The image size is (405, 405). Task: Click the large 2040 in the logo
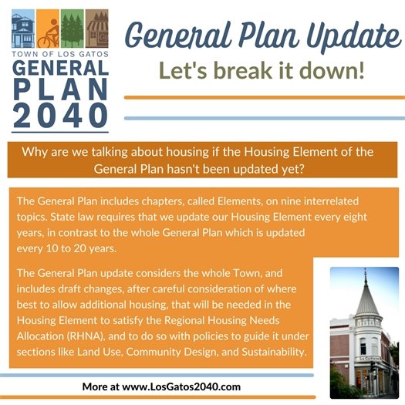tap(60, 114)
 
